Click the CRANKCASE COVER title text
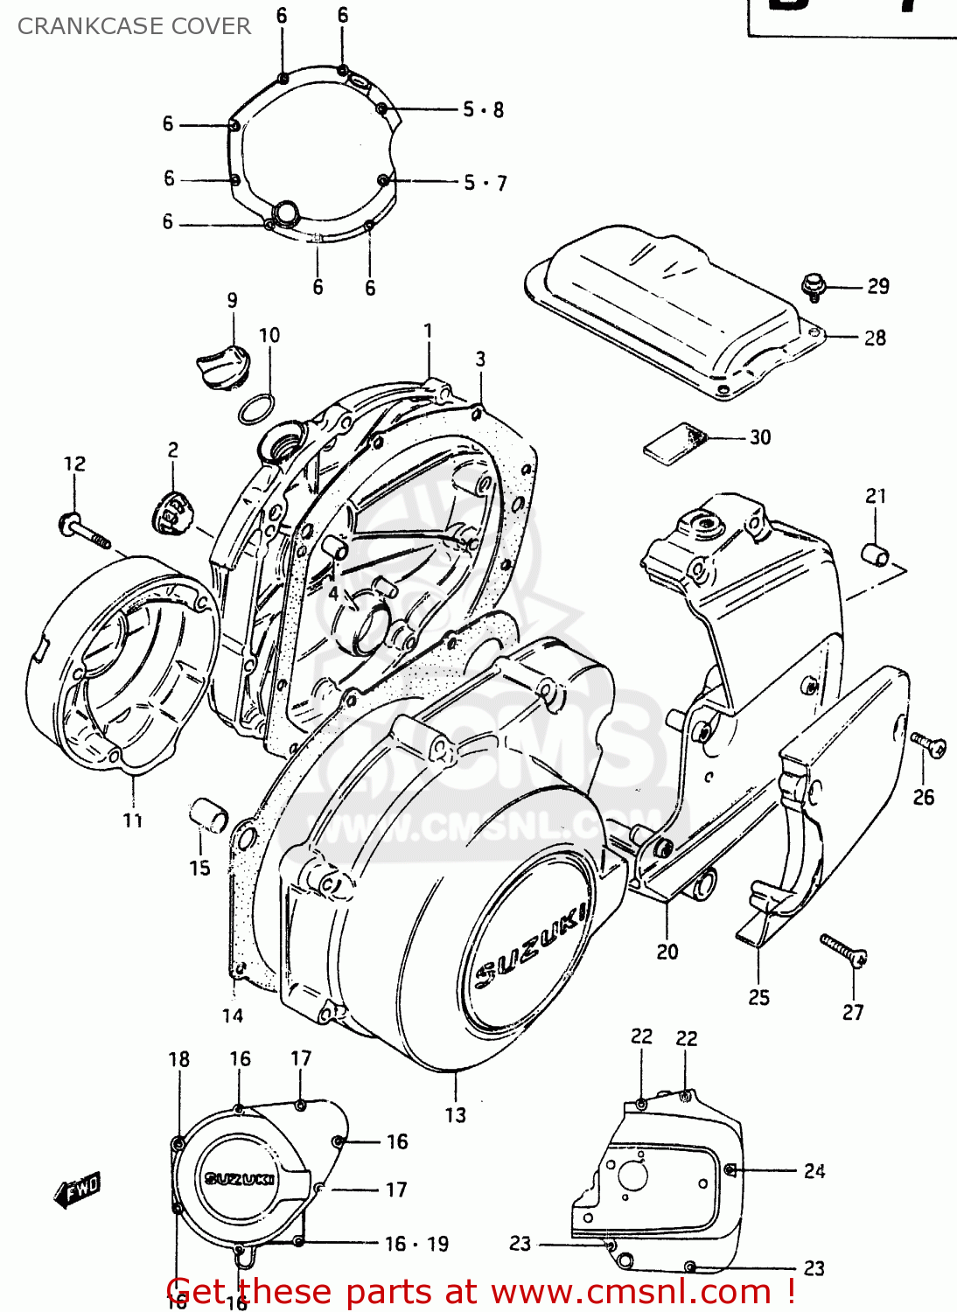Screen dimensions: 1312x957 pyautogui.click(x=134, y=26)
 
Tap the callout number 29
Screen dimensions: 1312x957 pyautogui.click(x=877, y=286)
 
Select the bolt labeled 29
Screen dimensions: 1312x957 pyautogui.click(x=814, y=285)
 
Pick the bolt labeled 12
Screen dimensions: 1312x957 pyautogui.click(x=84, y=530)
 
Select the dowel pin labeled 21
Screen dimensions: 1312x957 pyautogui.click(x=876, y=555)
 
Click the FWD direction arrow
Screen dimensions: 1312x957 pyautogui.click(x=78, y=1190)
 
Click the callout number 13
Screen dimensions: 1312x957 pyautogui.click(x=455, y=1115)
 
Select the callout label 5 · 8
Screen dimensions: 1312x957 pyautogui.click(x=483, y=110)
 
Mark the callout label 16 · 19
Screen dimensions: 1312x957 pyautogui.click(x=416, y=1244)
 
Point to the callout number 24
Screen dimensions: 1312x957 pyautogui.click(x=814, y=1171)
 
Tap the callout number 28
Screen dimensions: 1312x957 pyautogui.click(x=875, y=338)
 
